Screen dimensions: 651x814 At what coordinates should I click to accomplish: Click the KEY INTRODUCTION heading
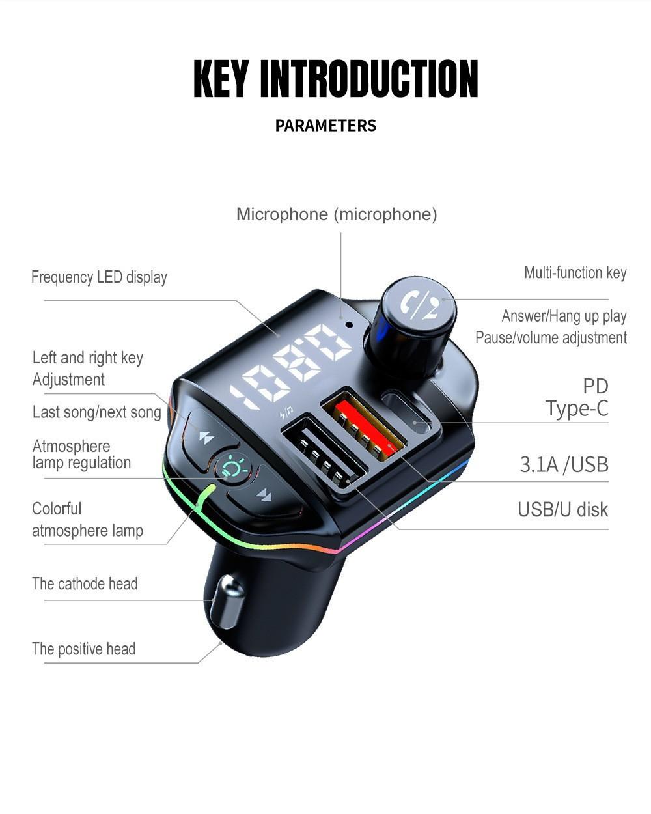coord(336,79)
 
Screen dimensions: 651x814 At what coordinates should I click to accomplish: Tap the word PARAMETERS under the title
coord(325,126)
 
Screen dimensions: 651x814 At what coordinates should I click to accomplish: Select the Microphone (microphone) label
coord(337,214)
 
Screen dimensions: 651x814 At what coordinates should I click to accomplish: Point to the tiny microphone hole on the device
coord(349,324)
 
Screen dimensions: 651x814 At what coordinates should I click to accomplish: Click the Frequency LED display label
coord(99,277)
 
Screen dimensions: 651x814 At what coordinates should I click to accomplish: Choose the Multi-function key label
coord(575,273)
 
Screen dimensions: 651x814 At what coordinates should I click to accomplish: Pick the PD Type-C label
coord(577,397)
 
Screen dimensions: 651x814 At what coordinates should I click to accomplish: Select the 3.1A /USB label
coord(564,464)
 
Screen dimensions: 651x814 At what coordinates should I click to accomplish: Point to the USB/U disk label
coord(562,509)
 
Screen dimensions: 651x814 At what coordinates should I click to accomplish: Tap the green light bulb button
coord(232,467)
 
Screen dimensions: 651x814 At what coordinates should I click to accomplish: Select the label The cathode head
coord(85,584)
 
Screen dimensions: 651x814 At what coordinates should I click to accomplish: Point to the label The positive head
coord(83,649)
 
